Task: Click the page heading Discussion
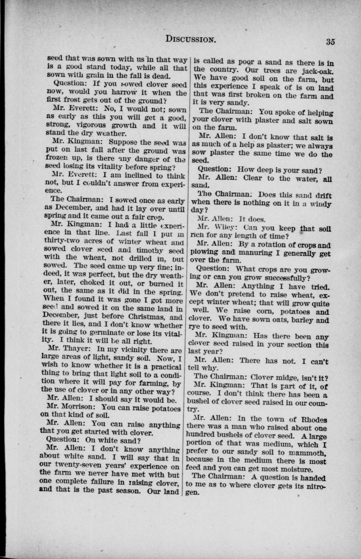[190, 39]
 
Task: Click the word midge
[291, 376]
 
